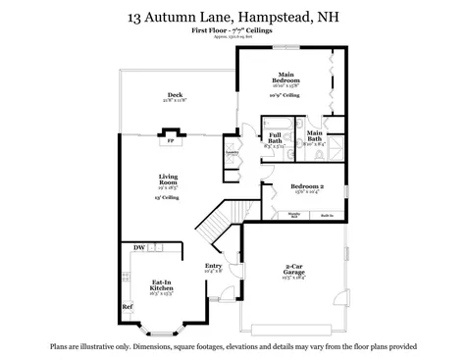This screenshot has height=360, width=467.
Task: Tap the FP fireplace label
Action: click(170, 140)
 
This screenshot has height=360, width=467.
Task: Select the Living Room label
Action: click(168, 180)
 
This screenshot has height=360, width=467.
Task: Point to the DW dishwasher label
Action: click(138, 247)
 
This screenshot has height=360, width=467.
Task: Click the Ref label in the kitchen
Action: click(127, 307)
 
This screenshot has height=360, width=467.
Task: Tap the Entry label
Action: click(212, 265)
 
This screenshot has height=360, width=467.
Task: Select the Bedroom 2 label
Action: click(307, 186)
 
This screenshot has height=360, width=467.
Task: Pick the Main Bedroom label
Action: click(286, 76)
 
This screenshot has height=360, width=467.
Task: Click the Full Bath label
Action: click(275, 138)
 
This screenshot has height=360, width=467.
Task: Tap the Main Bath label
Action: click(315, 136)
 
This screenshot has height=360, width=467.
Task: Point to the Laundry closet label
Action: click(233, 153)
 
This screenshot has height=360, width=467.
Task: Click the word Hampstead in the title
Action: click(274, 17)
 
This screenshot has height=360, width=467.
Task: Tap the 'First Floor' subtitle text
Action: click(210, 31)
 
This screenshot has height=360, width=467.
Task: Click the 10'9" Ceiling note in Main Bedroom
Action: click(285, 96)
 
